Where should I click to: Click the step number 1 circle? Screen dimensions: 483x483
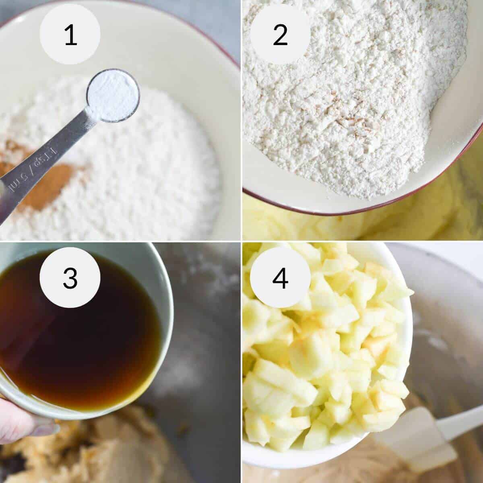click(70, 34)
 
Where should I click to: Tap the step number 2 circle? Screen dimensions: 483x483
click(280, 34)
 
